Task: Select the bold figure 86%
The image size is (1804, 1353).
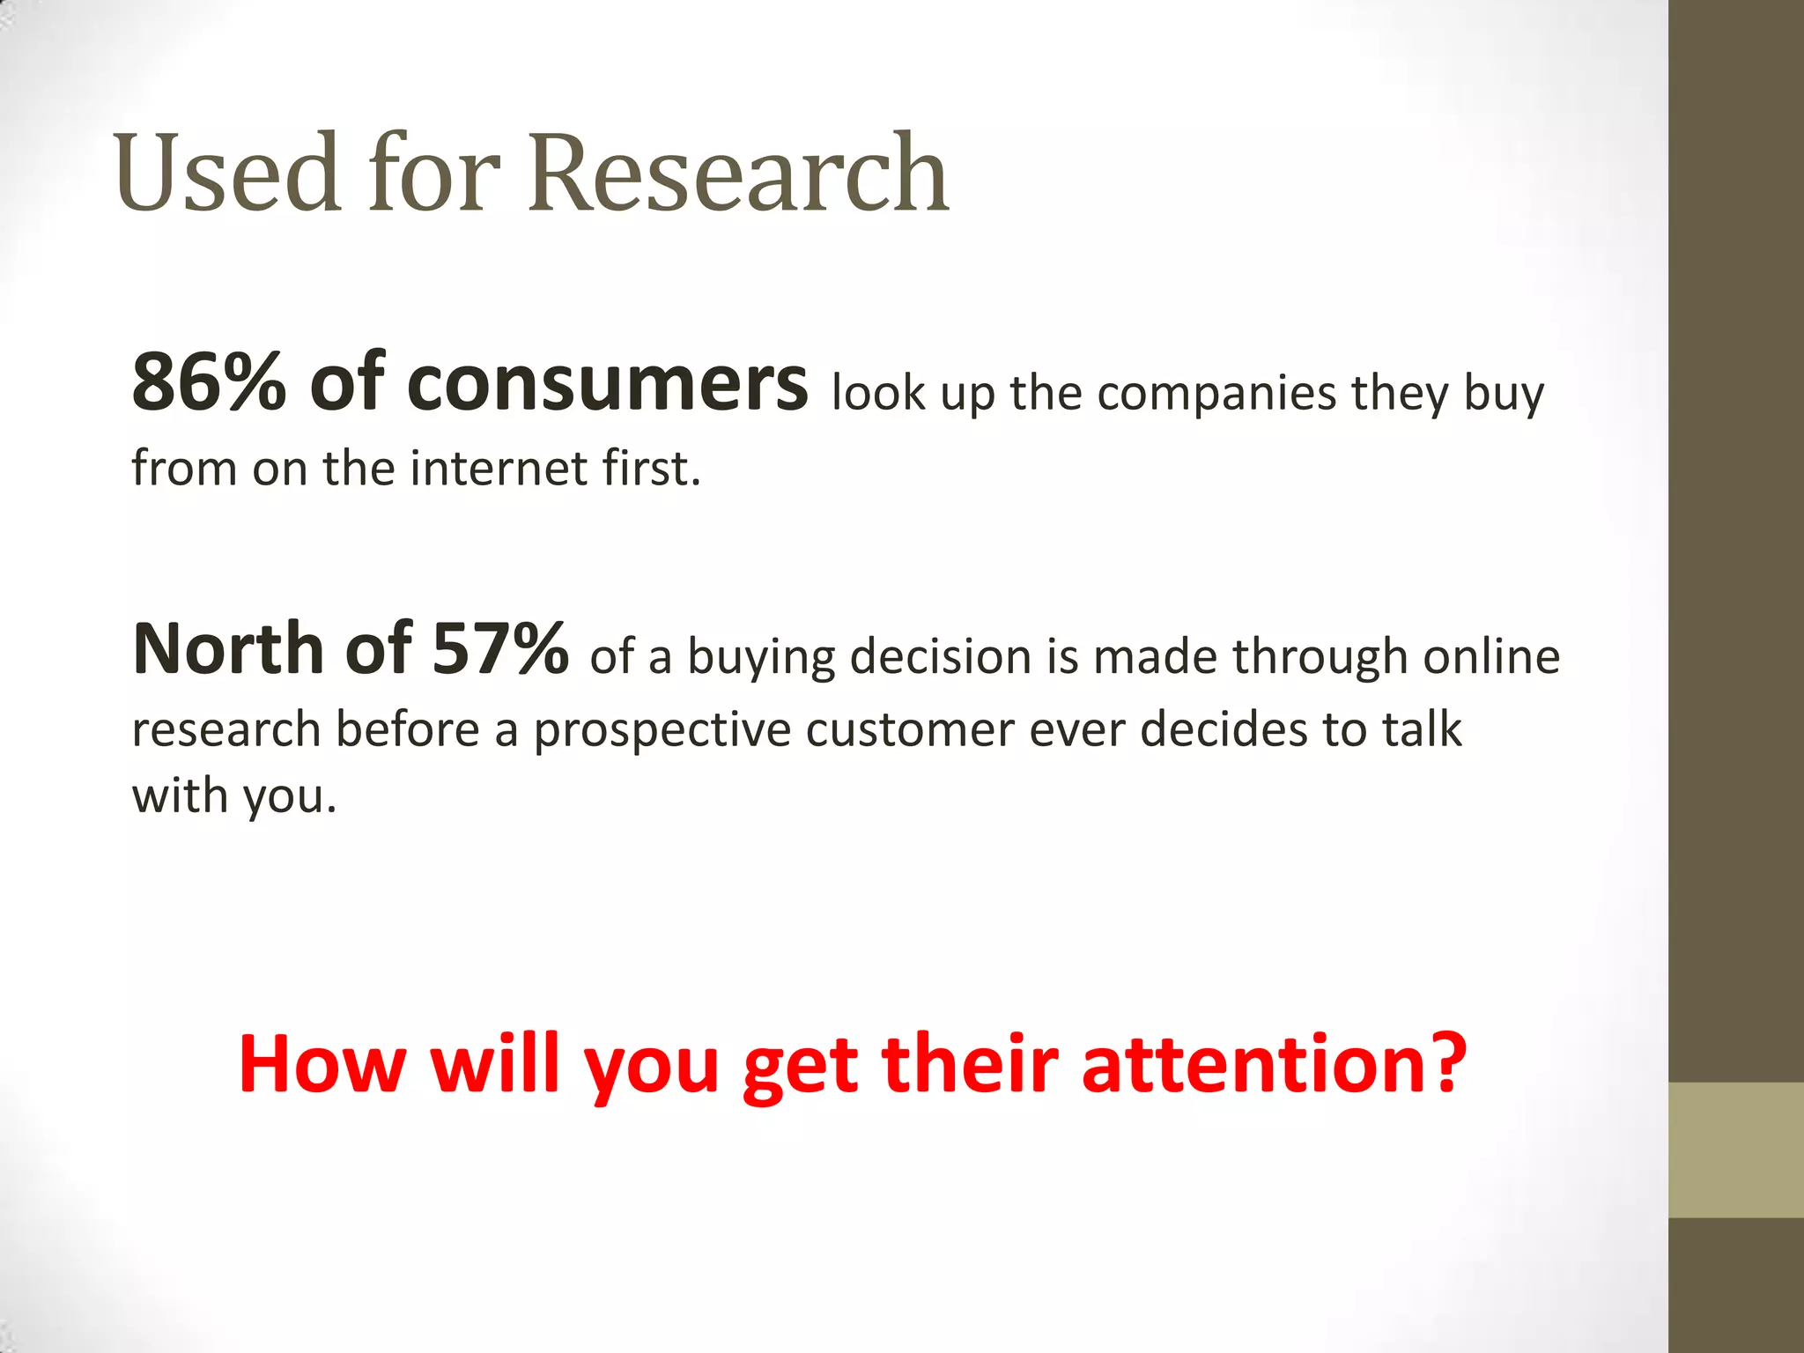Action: click(x=210, y=382)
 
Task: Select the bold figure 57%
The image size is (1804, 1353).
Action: click(x=500, y=648)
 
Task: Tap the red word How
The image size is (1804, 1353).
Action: click(x=322, y=1064)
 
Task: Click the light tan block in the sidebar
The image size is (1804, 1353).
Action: click(x=1735, y=1150)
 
